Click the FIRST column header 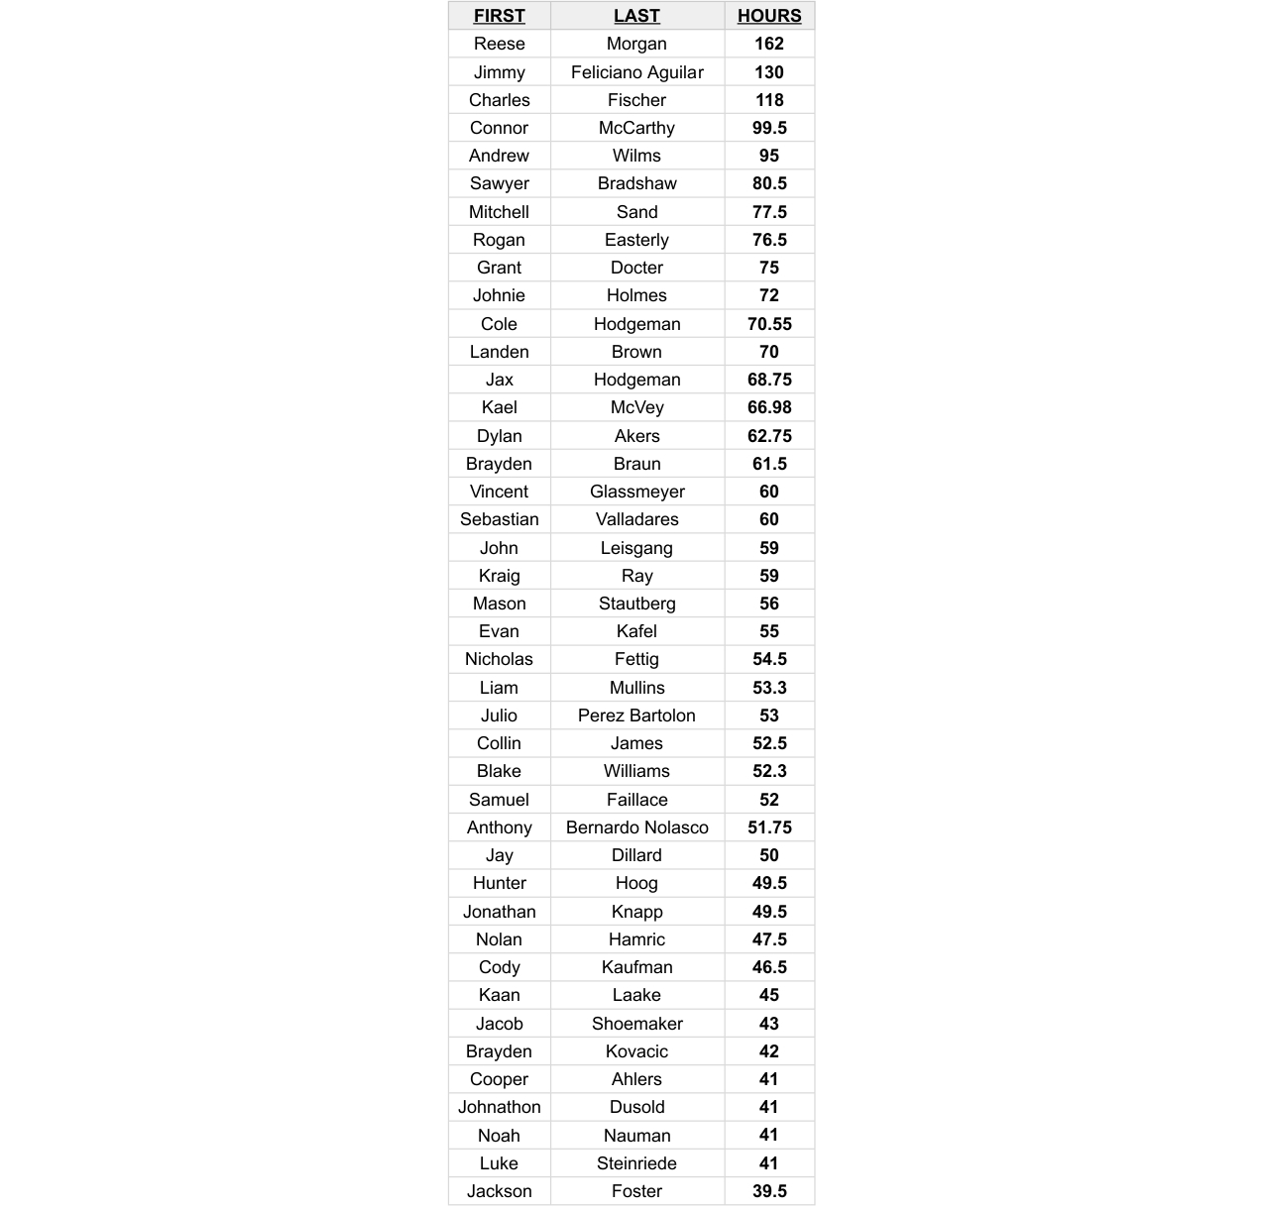point(499,16)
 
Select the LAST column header point(636,16)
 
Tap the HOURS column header point(769,16)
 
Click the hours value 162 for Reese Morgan point(769,44)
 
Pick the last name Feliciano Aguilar point(636,72)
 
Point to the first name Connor point(499,128)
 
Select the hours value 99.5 point(769,128)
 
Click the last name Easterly point(636,240)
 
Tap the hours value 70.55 point(769,324)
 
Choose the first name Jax point(499,380)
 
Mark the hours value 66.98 point(769,407)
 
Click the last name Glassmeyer point(636,492)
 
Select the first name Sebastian point(499,519)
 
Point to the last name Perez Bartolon point(636,715)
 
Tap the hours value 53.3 point(769,688)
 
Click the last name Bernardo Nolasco point(636,827)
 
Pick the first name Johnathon point(499,1107)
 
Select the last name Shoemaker point(636,1024)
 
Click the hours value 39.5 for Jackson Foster point(769,1191)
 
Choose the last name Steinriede point(636,1163)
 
